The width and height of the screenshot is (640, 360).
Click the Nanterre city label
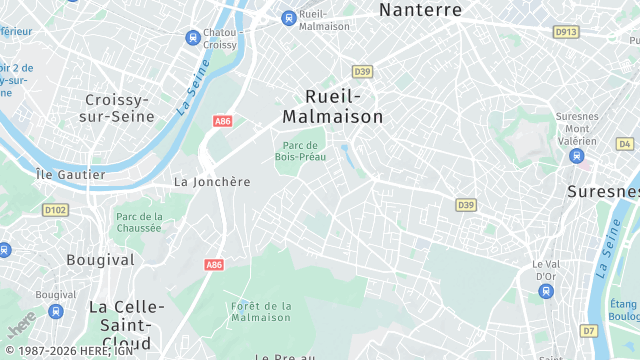[x=420, y=10]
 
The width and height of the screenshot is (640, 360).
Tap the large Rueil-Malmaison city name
[x=332, y=106]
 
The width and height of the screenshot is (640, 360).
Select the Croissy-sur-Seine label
[x=120, y=108]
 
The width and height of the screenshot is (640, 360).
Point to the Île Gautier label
[x=70, y=175]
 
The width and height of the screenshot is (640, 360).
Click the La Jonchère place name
[x=212, y=182]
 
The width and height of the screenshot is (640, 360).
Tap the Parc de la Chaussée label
[x=139, y=222]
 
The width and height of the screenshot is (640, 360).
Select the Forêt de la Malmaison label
[x=260, y=311]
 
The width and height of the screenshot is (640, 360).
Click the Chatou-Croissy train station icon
[x=192, y=37]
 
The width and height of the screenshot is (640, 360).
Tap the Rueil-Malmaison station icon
[x=289, y=17]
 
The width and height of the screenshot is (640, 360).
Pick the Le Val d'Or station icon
[x=545, y=291]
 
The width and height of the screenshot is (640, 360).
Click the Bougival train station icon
[x=55, y=311]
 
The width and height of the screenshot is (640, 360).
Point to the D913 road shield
[x=566, y=32]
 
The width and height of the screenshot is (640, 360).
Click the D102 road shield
[x=55, y=210]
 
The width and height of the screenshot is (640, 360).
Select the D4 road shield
[x=626, y=144]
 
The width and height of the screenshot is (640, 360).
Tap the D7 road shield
[x=588, y=330]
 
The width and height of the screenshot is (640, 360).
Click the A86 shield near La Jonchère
[x=223, y=121]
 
